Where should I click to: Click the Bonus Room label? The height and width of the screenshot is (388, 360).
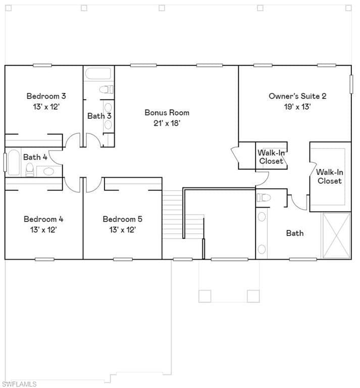(167, 113)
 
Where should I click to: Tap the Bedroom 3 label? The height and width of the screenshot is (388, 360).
(46, 96)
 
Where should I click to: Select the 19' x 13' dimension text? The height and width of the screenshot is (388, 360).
(297, 107)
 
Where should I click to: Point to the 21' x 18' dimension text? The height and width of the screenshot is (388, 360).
(167, 123)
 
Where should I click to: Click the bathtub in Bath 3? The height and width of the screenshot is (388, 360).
(98, 73)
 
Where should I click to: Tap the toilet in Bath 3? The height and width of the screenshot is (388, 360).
(107, 89)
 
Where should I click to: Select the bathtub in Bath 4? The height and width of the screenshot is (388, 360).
(14, 162)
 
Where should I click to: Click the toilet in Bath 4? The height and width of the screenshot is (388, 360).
(30, 170)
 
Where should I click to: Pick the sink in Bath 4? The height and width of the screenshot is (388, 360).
(48, 171)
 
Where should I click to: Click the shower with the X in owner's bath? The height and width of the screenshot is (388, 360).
(336, 235)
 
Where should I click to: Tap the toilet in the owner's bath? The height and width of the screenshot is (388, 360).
(264, 198)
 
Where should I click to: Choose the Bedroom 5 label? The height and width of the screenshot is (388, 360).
(123, 219)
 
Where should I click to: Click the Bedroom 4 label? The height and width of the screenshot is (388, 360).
(43, 219)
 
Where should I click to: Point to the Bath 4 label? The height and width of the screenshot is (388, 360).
(35, 157)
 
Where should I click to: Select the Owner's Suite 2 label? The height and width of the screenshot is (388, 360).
(297, 96)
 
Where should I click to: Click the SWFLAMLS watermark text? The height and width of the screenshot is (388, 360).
(19, 384)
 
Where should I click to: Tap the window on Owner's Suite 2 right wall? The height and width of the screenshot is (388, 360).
(351, 84)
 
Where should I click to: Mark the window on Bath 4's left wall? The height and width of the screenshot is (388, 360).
(5, 162)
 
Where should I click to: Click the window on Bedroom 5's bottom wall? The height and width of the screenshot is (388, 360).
(123, 259)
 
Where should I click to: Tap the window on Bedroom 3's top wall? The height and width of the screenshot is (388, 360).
(42, 65)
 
